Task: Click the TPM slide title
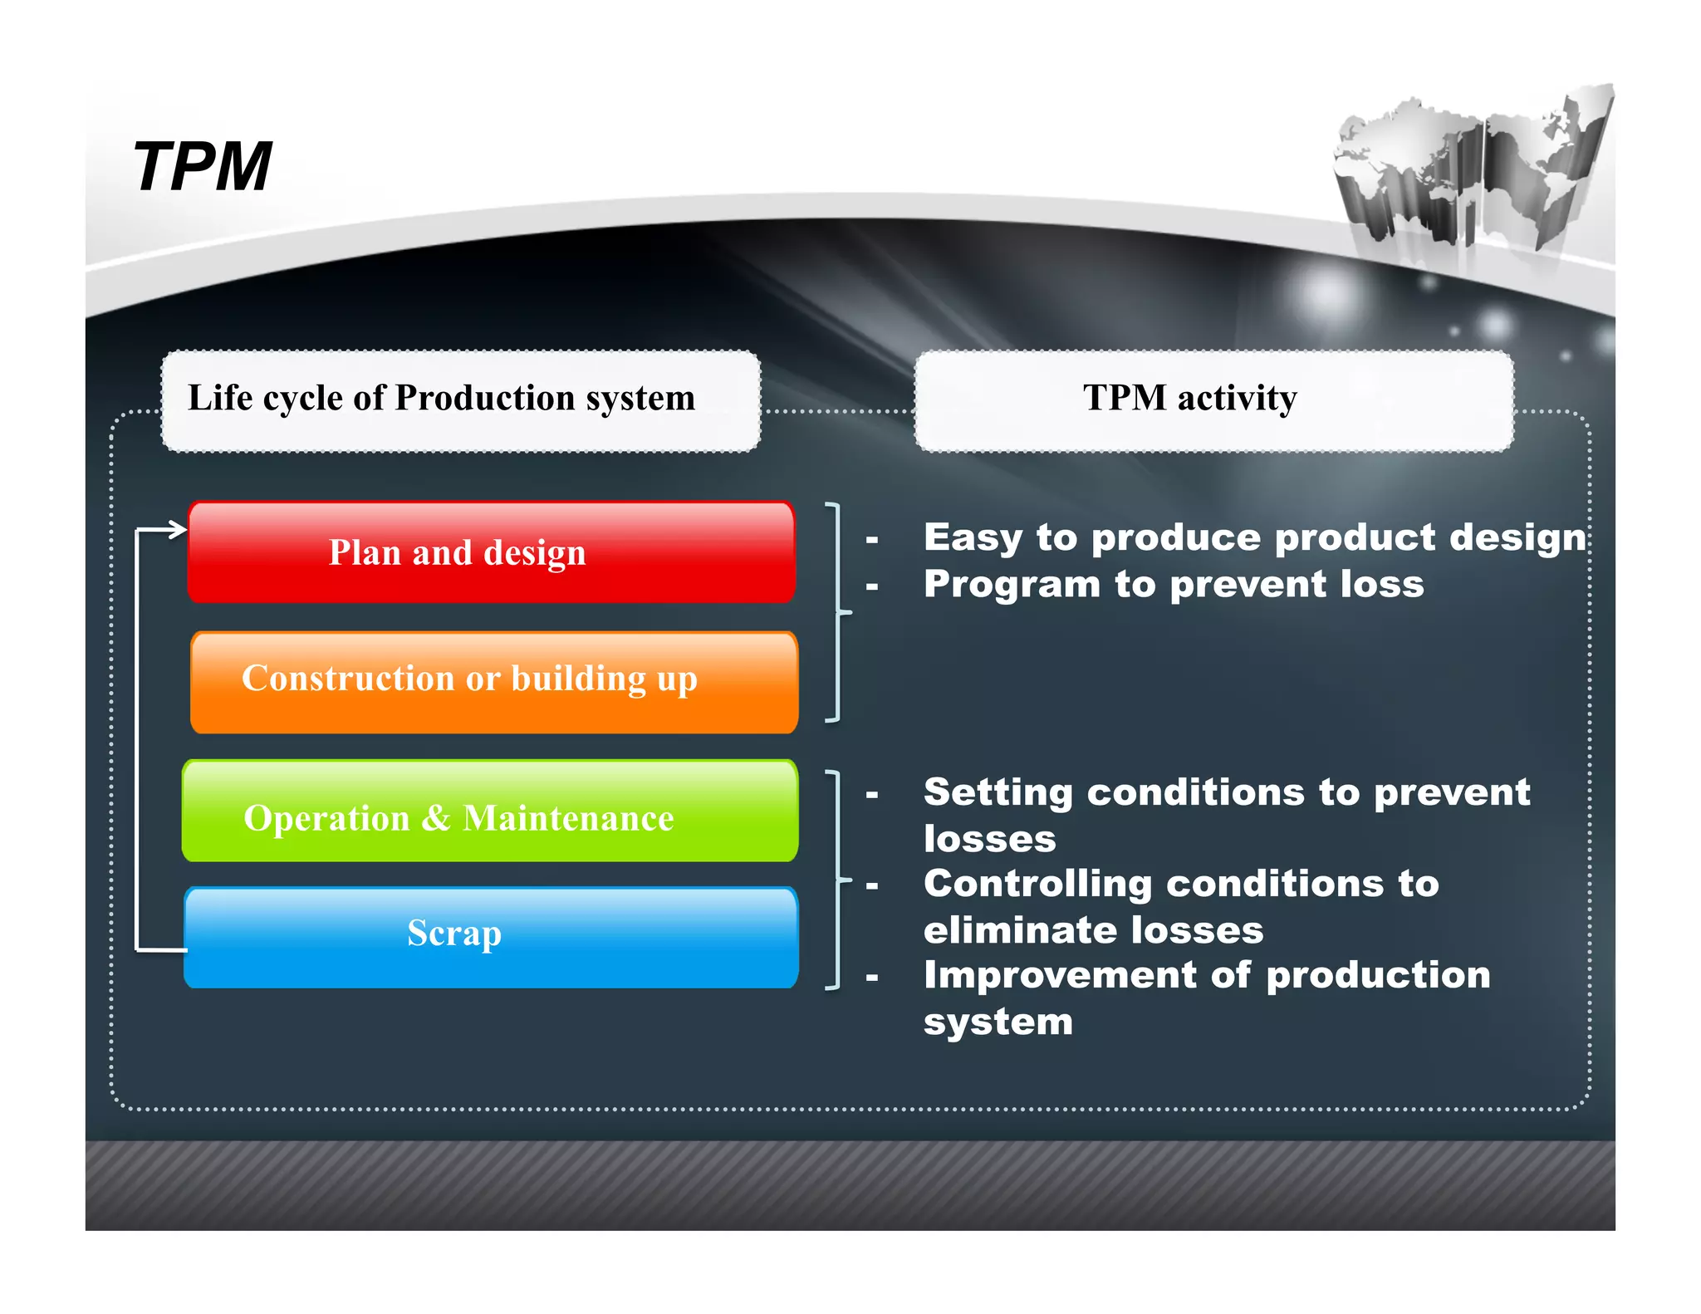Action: pos(202,167)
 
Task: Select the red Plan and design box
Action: pos(491,552)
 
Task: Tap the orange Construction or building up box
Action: pos(493,681)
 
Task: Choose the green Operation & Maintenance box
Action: pos(490,811)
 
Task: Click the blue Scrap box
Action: pos(491,937)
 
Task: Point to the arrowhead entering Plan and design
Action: pos(177,529)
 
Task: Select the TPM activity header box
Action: pos(1213,400)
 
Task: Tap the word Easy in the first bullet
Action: pos(973,537)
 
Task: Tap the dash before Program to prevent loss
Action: pos(871,587)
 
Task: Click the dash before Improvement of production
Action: pos(871,978)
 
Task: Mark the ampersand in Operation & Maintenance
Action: pos(435,818)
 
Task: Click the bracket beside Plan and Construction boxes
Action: pos(838,612)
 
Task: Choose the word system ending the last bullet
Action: pos(998,1022)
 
